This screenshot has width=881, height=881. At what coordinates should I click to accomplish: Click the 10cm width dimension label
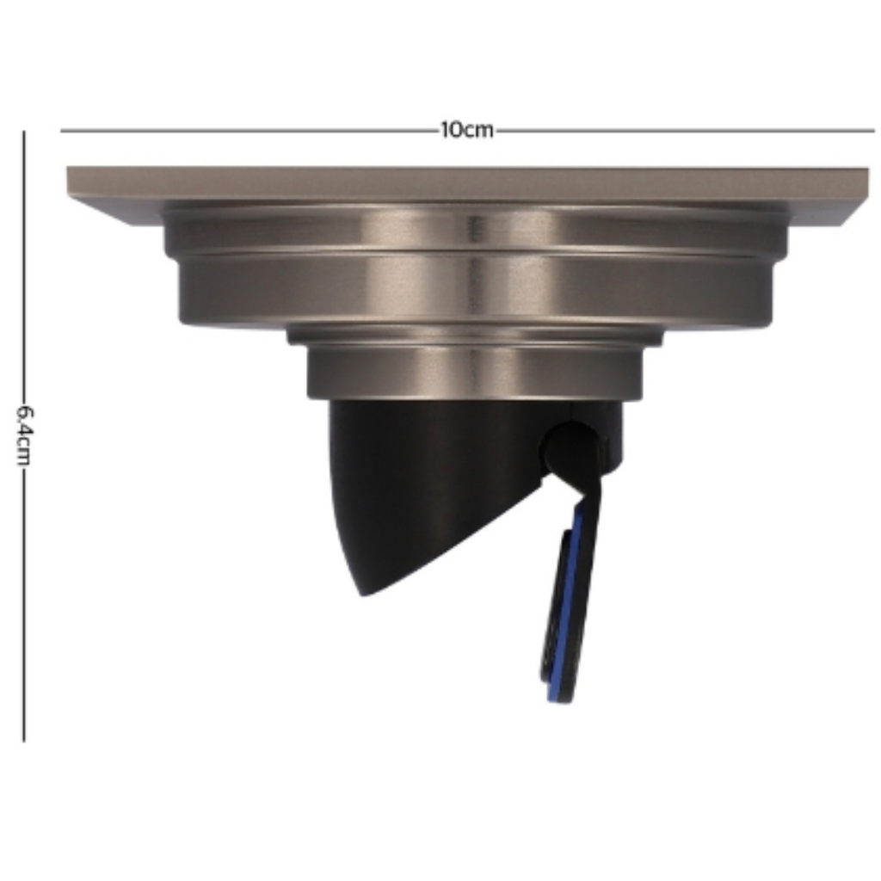coord(466,130)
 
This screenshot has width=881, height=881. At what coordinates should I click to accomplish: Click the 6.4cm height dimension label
coord(23,435)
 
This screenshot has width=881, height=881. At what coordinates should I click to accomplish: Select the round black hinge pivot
coord(569,448)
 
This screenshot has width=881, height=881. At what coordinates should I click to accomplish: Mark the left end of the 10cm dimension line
coord(61,131)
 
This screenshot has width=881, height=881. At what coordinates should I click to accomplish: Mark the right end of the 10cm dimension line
coord(874,131)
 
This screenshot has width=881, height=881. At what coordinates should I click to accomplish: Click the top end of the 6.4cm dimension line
coord(23,132)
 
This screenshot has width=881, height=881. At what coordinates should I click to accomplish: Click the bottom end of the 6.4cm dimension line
coord(23,742)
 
